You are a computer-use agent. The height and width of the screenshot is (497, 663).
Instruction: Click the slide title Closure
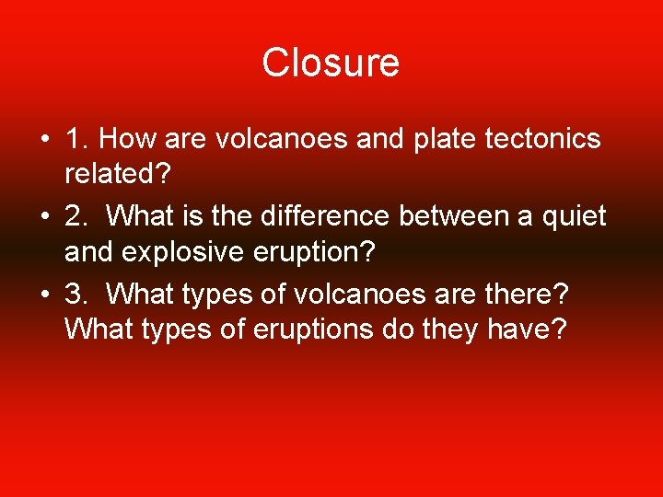click(331, 64)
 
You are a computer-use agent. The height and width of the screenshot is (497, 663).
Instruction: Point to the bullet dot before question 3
click(44, 295)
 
